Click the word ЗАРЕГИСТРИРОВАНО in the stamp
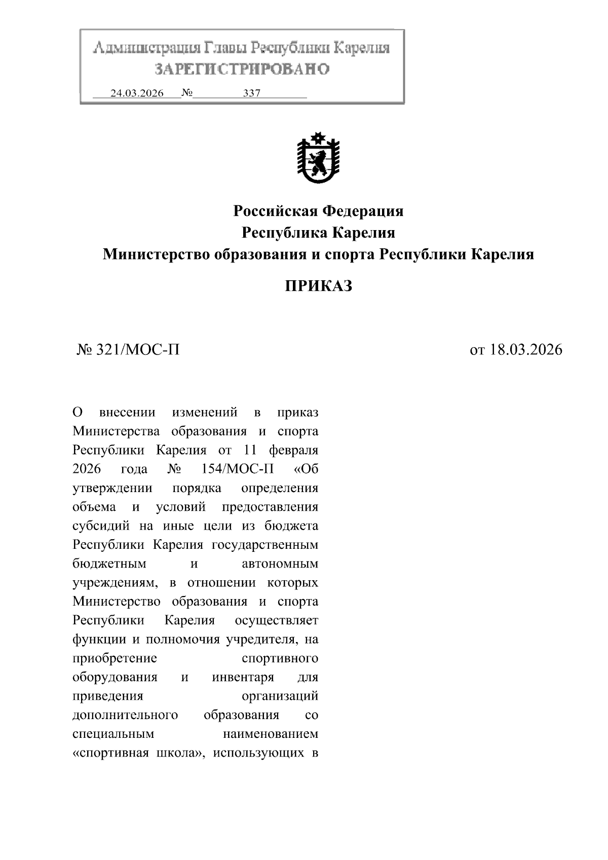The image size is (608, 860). (x=242, y=69)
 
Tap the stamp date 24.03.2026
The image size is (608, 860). (x=137, y=93)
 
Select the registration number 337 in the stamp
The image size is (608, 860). (x=252, y=93)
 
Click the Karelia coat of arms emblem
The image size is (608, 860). (x=318, y=159)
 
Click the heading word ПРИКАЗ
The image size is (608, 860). (x=318, y=286)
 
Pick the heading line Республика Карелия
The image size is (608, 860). (x=318, y=233)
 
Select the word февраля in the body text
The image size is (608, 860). (x=294, y=450)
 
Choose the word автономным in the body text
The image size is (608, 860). (x=280, y=564)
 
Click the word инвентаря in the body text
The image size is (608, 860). (x=243, y=678)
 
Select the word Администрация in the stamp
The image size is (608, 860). (x=146, y=49)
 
